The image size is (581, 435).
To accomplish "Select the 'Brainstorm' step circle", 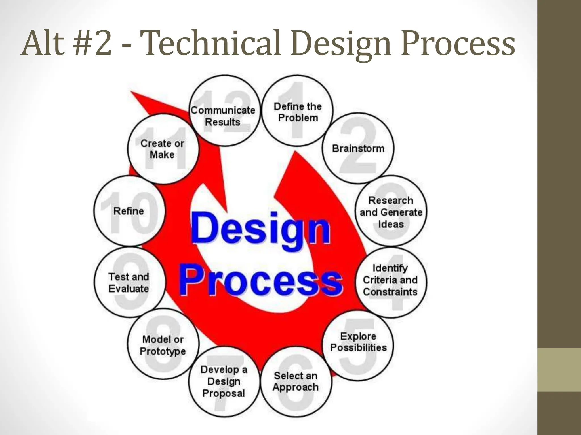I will [x=358, y=148].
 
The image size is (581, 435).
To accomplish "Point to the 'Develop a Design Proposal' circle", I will [x=224, y=382].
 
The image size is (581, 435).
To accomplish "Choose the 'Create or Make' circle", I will [x=163, y=149].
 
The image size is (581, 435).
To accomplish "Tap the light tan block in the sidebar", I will [x=559, y=370].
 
